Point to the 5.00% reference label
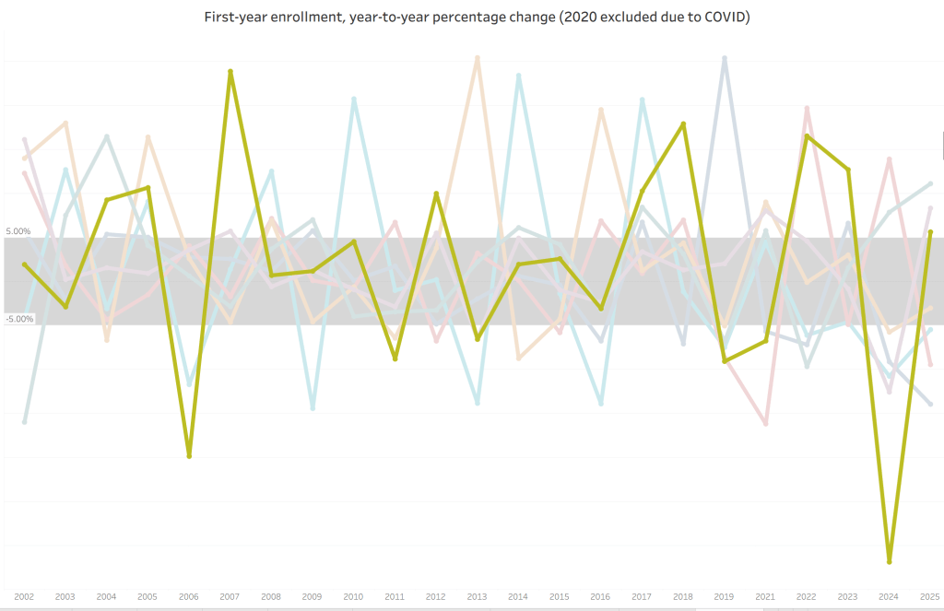pyautogui.click(x=18, y=231)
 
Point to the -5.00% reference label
pyautogui.click(x=18, y=319)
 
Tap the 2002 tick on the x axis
pyautogui.click(x=24, y=597)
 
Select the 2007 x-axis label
pyautogui.click(x=230, y=597)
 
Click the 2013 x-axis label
pyautogui.click(x=477, y=597)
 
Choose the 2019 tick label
pyautogui.click(x=725, y=597)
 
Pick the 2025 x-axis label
pyautogui.click(x=930, y=597)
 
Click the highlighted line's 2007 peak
pyautogui.click(x=230, y=71)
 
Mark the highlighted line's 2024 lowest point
pyautogui.click(x=890, y=560)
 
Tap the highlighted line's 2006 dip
pyautogui.click(x=189, y=456)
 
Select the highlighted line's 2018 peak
pyautogui.click(x=683, y=123)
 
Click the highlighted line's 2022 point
pyautogui.click(x=807, y=136)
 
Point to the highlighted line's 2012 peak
pyautogui.click(x=436, y=194)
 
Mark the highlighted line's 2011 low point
pyautogui.click(x=395, y=358)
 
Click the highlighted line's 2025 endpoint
pyautogui.click(x=930, y=232)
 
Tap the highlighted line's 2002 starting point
pyautogui.click(x=24, y=264)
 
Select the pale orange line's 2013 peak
pyautogui.click(x=477, y=57)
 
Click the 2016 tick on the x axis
pyautogui.click(x=601, y=597)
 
